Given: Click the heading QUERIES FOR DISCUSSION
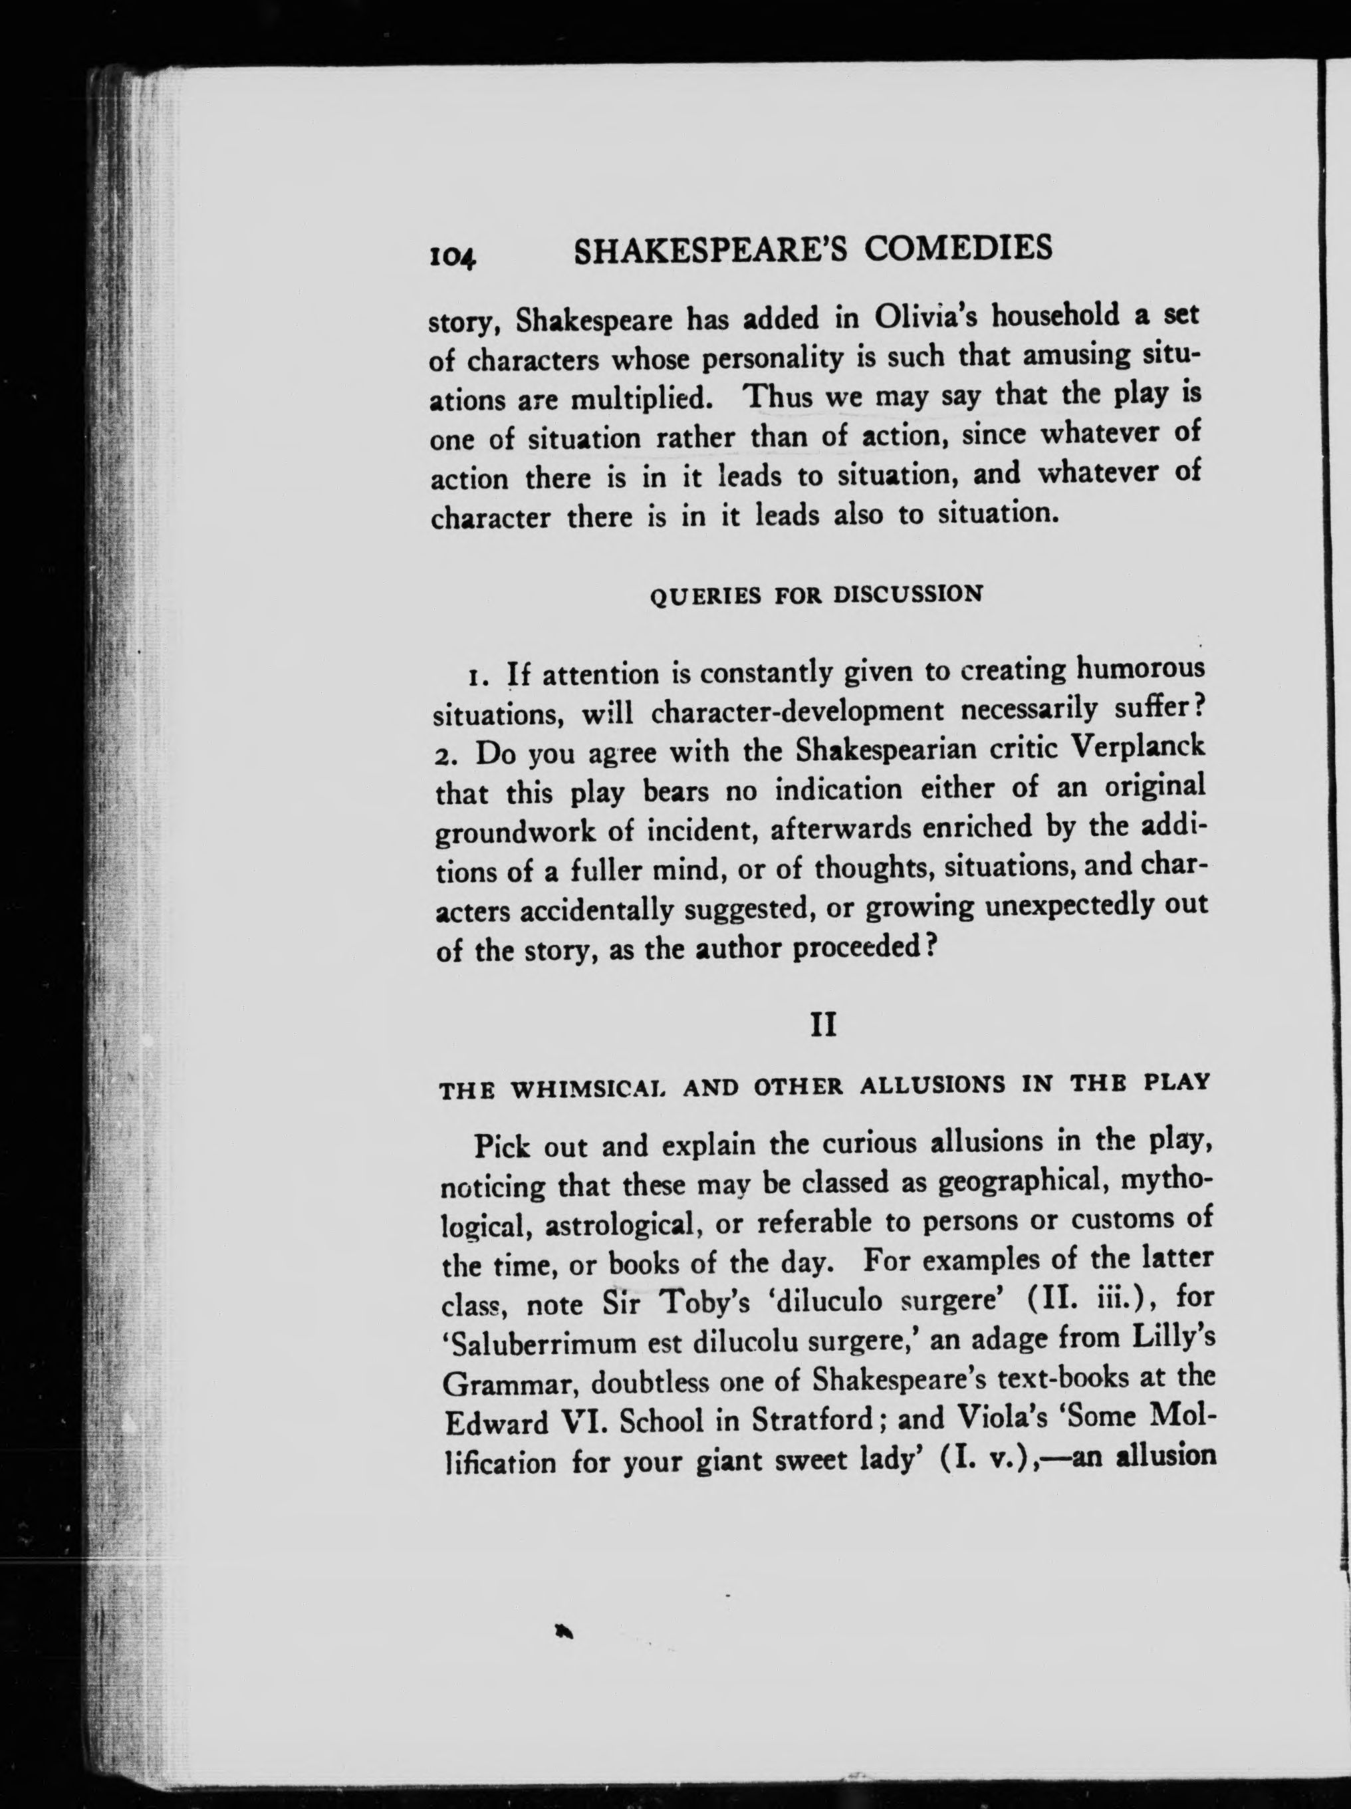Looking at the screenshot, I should pyautogui.click(x=815, y=595).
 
